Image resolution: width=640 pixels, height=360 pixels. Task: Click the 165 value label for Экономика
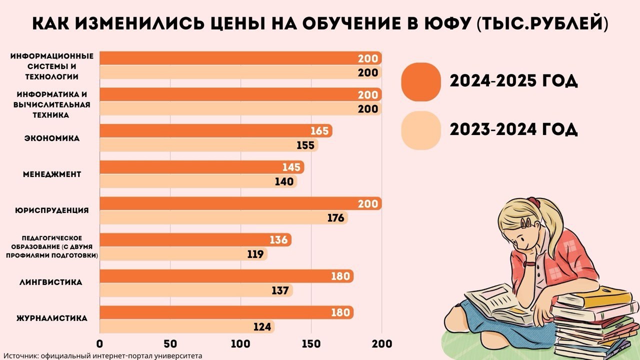pos(319,131)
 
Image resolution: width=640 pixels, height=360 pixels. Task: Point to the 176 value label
pos(336,218)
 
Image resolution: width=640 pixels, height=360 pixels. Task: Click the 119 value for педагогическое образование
pos(255,254)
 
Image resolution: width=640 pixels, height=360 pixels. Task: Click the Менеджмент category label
pos(52,174)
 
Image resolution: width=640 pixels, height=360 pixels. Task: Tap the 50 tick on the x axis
pos(170,344)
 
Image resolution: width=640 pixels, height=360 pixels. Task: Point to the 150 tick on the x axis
pos(311,344)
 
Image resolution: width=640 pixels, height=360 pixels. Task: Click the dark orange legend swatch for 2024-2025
pos(421,81)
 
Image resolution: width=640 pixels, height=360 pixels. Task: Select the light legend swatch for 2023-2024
pos(421,130)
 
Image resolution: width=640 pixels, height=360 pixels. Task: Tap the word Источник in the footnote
pos(23,355)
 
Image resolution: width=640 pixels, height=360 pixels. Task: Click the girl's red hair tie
pos(535,202)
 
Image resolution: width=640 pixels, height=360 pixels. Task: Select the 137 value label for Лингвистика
pos(280,290)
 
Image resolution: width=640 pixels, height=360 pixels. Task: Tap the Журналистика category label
pos(52,318)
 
